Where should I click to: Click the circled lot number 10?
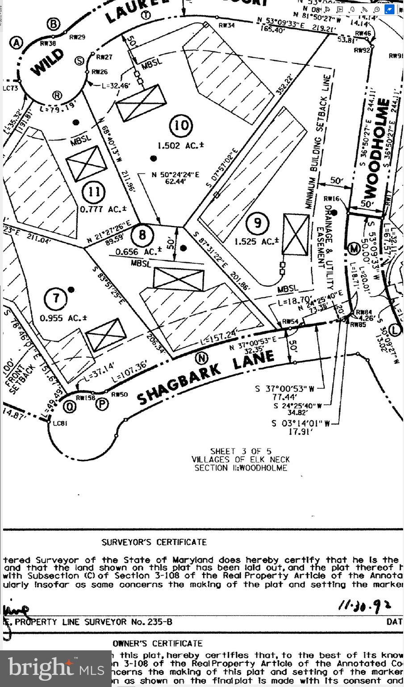point(181,125)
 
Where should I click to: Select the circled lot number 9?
point(257,222)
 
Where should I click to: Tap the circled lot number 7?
point(56,297)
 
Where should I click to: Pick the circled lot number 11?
point(94,192)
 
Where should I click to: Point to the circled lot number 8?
point(142,234)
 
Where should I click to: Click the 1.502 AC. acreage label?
point(181,145)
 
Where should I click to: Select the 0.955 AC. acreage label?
point(63,318)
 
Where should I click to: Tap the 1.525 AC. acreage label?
point(257,242)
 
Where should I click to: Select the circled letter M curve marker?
point(355,248)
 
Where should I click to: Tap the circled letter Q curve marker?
point(69,407)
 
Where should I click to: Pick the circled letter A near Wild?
point(16,42)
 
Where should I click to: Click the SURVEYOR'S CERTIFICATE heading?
point(154,542)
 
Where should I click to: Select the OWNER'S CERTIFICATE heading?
point(158,643)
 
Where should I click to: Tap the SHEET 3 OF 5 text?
point(241,451)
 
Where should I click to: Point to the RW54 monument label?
point(290,322)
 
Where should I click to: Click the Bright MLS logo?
point(56,668)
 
